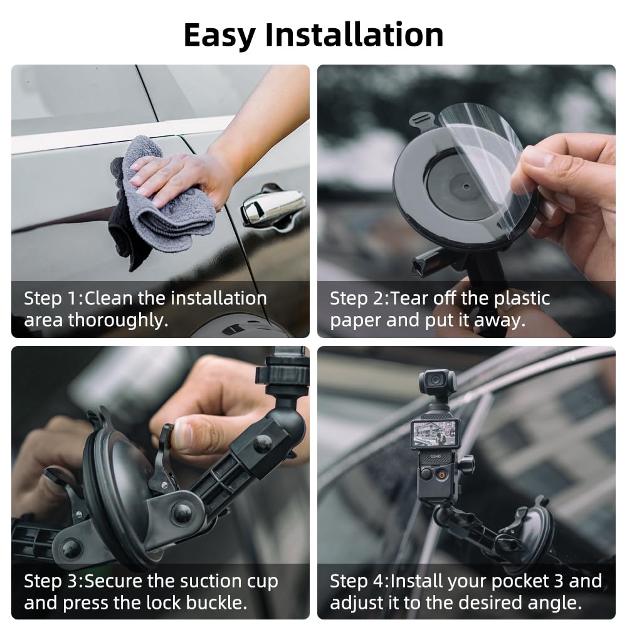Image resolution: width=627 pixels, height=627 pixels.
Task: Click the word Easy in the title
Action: click(219, 34)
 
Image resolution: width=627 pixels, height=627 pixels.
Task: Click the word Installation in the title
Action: click(354, 34)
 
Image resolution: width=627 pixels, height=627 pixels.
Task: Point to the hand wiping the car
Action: click(182, 172)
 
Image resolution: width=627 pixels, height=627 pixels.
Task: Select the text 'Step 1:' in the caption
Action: click(45, 298)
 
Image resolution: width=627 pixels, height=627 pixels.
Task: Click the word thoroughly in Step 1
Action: click(118, 320)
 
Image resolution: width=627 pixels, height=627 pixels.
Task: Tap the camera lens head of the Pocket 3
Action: click(437, 381)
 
